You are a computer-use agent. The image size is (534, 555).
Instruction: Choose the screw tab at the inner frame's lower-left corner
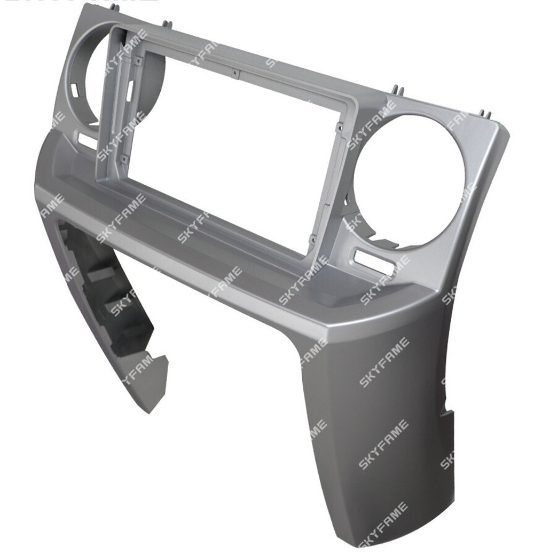pos(123,158)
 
